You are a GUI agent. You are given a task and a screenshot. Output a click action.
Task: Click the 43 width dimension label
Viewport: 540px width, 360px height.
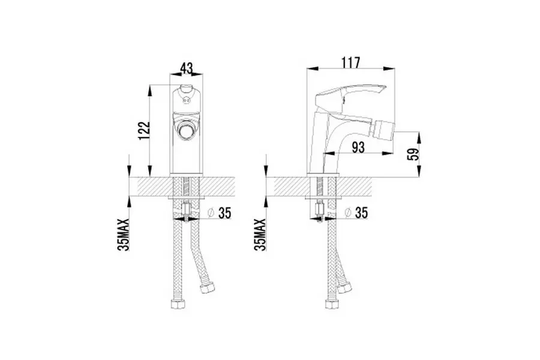187,68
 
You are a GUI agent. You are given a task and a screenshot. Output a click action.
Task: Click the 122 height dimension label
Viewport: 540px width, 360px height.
145,131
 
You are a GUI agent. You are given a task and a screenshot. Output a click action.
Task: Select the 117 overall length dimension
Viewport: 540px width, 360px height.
350,62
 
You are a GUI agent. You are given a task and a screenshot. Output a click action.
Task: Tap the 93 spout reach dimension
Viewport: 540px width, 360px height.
358,148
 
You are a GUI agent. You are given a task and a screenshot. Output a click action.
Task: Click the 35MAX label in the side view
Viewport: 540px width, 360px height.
260,235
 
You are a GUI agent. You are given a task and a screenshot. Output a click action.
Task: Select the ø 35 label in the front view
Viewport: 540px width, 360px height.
220,213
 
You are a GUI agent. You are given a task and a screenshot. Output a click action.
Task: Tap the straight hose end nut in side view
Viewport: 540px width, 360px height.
332,305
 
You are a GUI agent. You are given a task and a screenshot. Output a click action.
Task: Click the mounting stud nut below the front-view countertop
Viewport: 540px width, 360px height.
187,209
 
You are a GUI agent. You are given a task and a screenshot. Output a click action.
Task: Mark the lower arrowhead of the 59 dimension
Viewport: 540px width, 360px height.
419,172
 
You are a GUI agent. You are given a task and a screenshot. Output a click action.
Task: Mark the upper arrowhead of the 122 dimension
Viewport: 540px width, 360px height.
150,91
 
